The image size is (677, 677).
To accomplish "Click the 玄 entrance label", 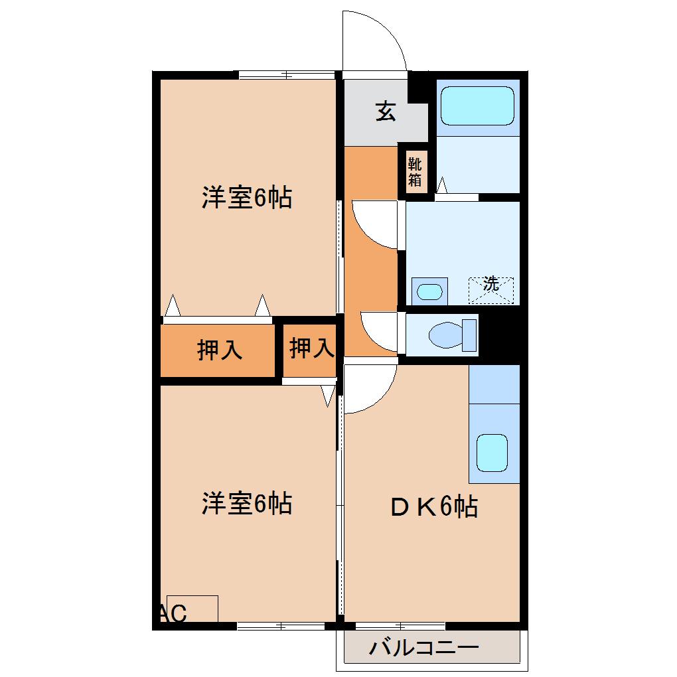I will coord(386,111).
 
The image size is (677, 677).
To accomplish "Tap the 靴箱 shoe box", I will coord(415,171).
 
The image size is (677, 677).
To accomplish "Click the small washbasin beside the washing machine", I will coord(429,291).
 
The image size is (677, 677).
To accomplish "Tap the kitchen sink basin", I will coord(492,452).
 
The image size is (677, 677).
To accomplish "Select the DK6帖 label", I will coord(433,508).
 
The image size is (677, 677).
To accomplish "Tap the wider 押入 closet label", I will coord(220,350).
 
